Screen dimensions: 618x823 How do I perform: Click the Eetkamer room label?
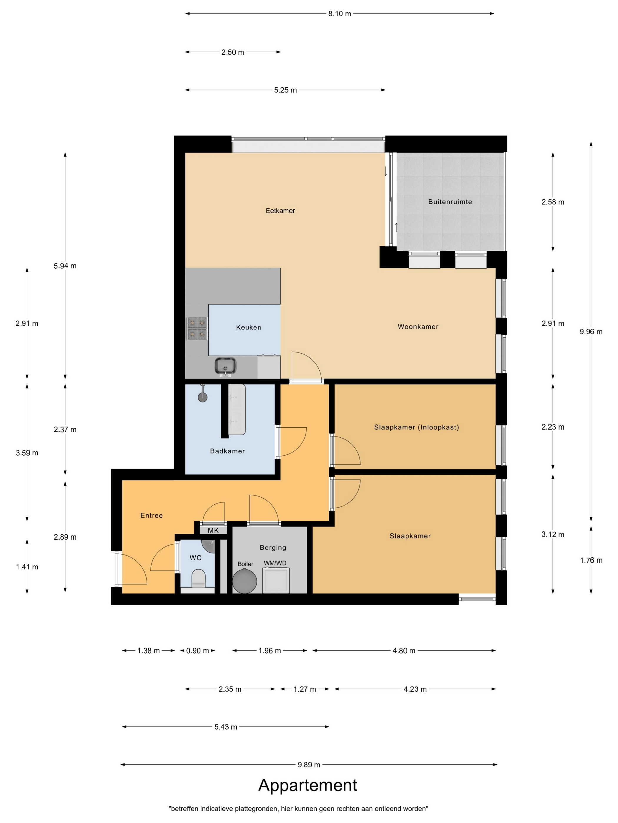tap(280, 210)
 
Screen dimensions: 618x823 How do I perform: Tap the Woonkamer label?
tap(418, 327)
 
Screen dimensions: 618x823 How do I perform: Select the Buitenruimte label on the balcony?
tap(450, 202)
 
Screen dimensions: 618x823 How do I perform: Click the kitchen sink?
tap(225, 365)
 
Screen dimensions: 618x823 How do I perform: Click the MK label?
tap(213, 531)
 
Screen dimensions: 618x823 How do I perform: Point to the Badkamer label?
tap(227, 451)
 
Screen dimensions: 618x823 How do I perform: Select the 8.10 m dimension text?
tap(339, 14)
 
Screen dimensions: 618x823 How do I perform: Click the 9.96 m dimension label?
tap(591, 332)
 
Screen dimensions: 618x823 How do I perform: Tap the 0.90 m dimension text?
tap(197, 651)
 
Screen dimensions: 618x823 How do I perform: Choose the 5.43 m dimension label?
tap(226, 727)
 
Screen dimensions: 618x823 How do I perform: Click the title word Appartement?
tap(308, 785)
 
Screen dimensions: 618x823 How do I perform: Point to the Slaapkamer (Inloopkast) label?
tap(416, 427)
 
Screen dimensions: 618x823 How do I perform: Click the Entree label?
tap(152, 515)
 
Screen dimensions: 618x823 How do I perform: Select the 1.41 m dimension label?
tap(27, 567)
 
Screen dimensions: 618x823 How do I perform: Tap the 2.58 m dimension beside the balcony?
tap(553, 202)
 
